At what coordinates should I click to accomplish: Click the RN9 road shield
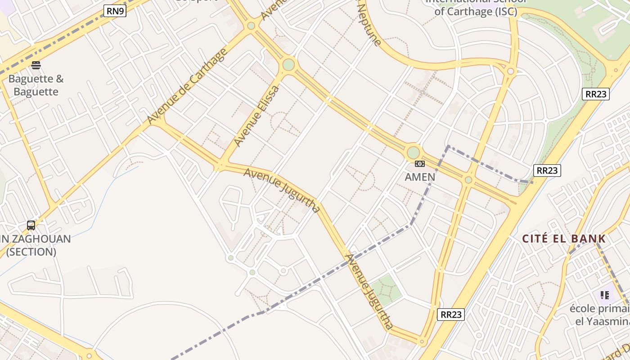(115, 11)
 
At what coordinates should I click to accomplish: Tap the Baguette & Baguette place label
(36, 85)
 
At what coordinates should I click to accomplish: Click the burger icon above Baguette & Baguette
(36, 65)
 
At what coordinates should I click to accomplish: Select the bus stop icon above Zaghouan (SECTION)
(31, 225)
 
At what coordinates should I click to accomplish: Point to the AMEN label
(420, 177)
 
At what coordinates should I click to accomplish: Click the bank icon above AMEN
(420, 164)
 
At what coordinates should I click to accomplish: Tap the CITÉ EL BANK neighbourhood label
(564, 238)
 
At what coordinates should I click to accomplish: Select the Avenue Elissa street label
(257, 116)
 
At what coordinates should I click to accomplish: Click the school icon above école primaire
(604, 295)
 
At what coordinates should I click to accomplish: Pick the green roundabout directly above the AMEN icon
(413, 152)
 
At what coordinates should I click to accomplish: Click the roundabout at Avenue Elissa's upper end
(288, 65)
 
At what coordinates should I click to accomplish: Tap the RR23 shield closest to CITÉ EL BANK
(547, 171)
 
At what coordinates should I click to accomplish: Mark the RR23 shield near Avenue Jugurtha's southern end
(450, 315)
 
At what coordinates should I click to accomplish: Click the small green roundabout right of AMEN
(468, 180)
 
